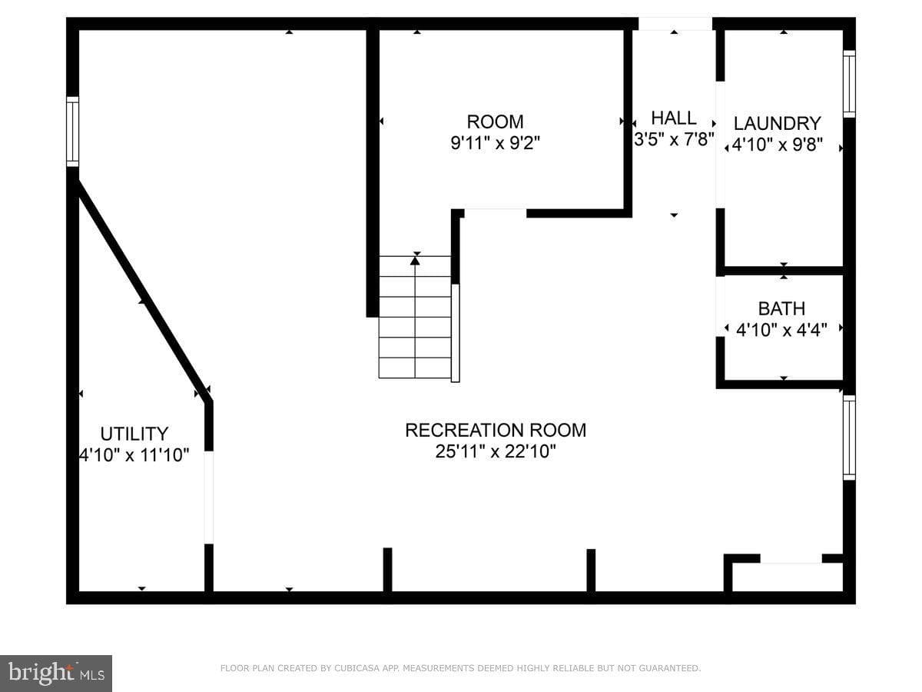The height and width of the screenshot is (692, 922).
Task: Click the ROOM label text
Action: [495, 121]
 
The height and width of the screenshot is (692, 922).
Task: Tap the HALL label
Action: [674, 118]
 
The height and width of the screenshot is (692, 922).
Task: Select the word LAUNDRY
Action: [777, 124]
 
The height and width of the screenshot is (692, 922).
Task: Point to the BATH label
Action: [781, 309]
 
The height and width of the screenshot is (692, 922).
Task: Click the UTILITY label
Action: [134, 434]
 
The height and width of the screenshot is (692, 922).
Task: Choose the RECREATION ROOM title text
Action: [496, 431]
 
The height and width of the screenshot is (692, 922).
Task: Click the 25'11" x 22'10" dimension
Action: [496, 451]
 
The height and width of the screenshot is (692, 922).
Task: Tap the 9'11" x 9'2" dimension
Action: [495, 143]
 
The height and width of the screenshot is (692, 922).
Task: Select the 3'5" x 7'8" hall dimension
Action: [674, 139]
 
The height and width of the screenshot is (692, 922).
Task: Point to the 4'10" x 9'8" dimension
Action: [777, 145]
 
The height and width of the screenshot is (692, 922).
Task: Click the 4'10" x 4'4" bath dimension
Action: [781, 331]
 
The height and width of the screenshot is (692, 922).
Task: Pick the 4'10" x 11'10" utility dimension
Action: [134, 455]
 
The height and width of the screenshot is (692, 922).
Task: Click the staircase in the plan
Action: [415, 317]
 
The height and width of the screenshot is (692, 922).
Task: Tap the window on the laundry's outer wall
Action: [849, 84]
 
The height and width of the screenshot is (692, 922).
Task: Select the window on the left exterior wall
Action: [73, 131]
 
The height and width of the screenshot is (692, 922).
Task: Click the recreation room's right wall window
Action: [849, 437]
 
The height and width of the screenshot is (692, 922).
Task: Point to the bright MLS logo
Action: [56, 674]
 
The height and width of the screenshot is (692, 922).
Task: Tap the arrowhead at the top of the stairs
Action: [415, 261]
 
